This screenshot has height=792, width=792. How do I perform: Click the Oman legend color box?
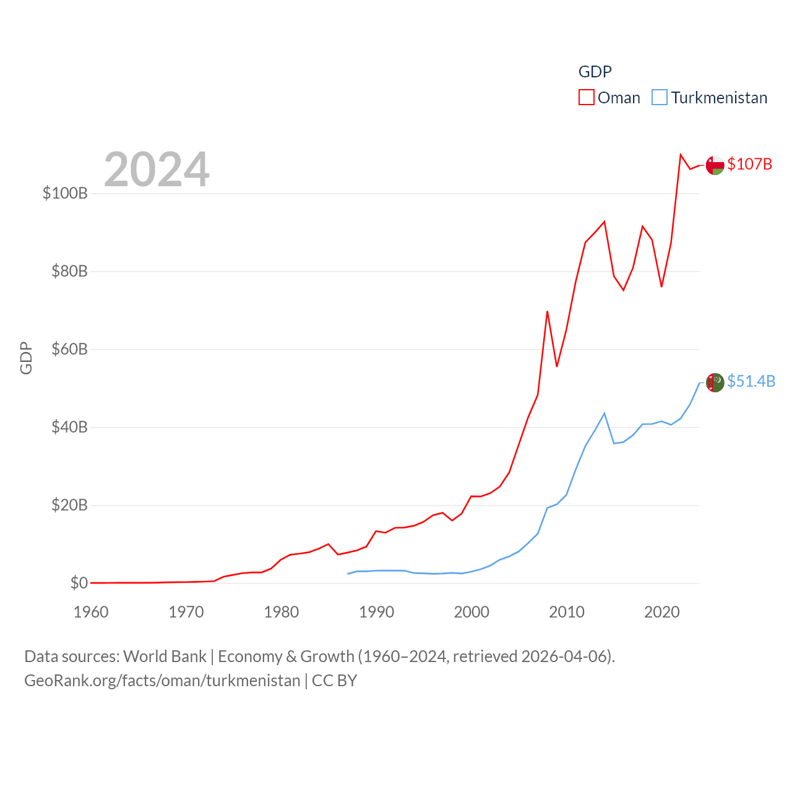(x=587, y=98)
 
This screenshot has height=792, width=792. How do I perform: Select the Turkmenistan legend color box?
(x=660, y=98)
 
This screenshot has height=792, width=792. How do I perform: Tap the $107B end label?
(x=749, y=164)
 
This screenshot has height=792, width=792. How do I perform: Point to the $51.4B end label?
(x=751, y=381)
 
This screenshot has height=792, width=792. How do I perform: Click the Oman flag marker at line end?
(x=715, y=165)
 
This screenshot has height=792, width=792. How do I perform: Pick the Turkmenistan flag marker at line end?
(x=715, y=382)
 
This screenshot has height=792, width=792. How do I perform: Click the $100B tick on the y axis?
(x=65, y=193)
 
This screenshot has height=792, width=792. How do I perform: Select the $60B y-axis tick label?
(x=69, y=349)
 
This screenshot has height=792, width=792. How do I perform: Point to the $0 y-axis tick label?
(x=79, y=583)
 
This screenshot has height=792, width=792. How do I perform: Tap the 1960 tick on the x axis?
(x=91, y=612)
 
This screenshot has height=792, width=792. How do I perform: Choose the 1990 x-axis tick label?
(x=376, y=612)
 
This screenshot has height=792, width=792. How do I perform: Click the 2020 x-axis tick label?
(x=661, y=612)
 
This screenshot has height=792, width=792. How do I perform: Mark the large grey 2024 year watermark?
(x=157, y=170)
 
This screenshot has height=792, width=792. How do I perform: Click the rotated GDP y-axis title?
(x=26, y=358)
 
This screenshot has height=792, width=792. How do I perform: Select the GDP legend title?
(x=595, y=72)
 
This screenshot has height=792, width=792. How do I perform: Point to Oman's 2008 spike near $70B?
(x=548, y=311)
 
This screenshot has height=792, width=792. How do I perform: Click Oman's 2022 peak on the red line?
(x=681, y=155)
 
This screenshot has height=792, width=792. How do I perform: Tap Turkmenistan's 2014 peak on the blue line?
(x=605, y=413)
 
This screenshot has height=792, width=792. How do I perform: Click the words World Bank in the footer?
(x=165, y=656)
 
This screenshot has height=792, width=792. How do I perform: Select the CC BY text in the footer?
(x=334, y=681)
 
